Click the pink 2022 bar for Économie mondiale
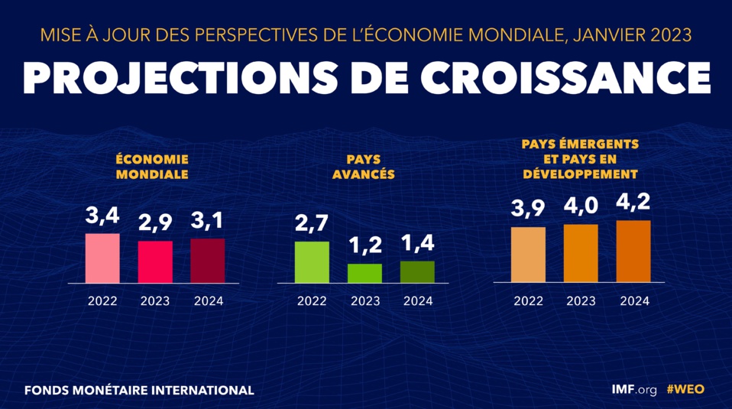[102, 258]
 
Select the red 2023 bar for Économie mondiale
[155, 262]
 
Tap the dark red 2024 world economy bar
[207, 261]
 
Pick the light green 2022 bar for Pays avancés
[312, 262]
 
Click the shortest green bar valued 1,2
[364, 274]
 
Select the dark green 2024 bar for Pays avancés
[417, 272]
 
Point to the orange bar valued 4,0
[581, 253]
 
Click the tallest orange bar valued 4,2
[633, 251]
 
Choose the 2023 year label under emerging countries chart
[581, 301]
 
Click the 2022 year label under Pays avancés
[312, 301]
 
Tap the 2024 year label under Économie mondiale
[208, 301]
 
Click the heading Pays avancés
[364, 167]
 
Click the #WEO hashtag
[685, 389]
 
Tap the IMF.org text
[634, 389]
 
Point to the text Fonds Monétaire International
[139, 390]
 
